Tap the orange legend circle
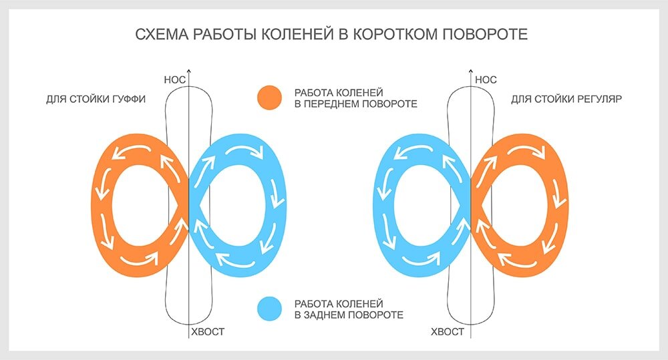(271, 98)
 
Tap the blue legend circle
(271, 308)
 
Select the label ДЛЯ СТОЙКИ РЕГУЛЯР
(566, 100)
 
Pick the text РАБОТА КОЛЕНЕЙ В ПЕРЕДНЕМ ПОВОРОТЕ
(355, 98)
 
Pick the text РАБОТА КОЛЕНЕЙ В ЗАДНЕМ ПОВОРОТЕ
(349, 308)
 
